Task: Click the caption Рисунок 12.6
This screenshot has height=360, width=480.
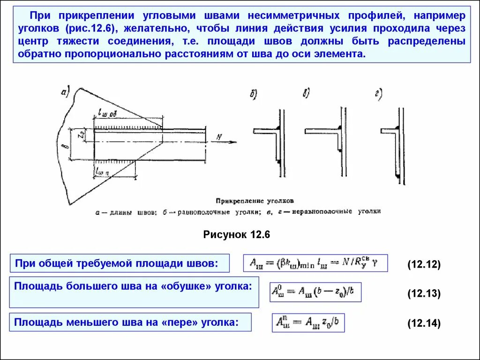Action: pyautogui.click(x=237, y=234)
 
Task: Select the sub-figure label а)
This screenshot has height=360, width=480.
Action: pyautogui.click(x=65, y=92)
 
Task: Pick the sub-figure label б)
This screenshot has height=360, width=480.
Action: pyautogui.click(x=253, y=95)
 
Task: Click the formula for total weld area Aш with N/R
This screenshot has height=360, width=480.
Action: pyautogui.click(x=315, y=263)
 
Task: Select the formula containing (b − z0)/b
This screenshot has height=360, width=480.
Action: pyautogui.click(x=315, y=292)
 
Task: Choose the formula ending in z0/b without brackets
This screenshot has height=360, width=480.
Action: pyautogui.click(x=308, y=323)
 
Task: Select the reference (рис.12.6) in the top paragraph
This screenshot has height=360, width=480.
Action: pyautogui.click(x=91, y=29)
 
